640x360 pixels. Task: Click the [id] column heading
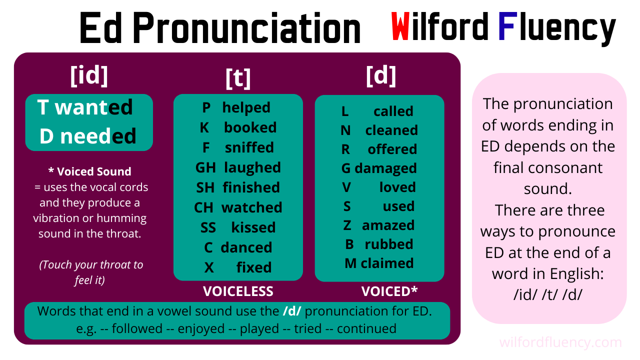(89, 75)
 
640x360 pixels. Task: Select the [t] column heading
(238, 78)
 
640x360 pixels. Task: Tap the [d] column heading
(381, 75)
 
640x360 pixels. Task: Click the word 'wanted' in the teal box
(93, 107)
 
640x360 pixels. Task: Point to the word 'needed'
(98, 136)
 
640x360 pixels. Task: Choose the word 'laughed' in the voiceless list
(252, 167)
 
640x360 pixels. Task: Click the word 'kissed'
(253, 227)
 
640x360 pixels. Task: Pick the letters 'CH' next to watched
(204, 207)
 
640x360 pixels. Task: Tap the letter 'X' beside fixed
(209, 267)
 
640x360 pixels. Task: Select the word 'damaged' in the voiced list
(385, 168)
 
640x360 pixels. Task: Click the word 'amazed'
(388, 225)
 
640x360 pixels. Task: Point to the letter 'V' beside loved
(346, 187)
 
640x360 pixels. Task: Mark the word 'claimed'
(387, 263)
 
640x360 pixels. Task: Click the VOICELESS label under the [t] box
(238, 291)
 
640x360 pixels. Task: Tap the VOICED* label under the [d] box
(389, 291)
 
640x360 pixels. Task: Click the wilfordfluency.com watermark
(560, 343)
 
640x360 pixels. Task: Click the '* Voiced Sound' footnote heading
(89, 171)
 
